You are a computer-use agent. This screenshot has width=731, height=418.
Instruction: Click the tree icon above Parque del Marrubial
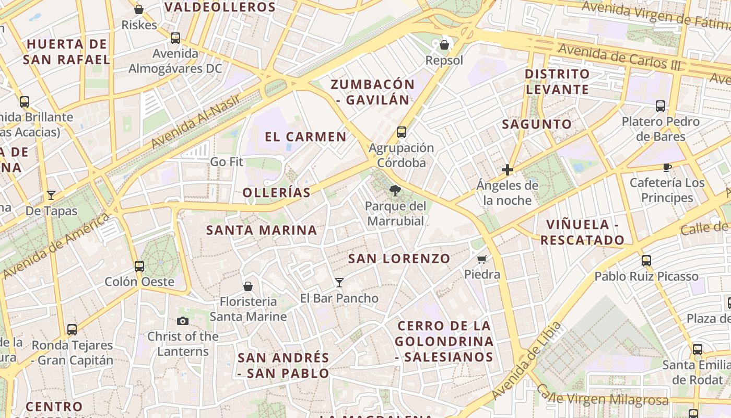click(x=395, y=191)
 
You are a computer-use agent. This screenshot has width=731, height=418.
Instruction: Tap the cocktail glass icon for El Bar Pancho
click(x=339, y=283)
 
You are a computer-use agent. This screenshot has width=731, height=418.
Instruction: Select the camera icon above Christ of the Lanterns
click(x=183, y=321)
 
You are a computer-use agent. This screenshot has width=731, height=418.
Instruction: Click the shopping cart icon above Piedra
click(x=482, y=259)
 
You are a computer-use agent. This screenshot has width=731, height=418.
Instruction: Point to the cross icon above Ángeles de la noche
click(x=507, y=170)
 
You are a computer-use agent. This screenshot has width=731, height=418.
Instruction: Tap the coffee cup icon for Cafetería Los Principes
click(x=667, y=167)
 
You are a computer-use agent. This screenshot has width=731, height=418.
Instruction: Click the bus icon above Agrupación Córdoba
click(x=401, y=132)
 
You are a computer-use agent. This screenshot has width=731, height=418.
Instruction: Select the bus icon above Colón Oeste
click(x=139, y=266)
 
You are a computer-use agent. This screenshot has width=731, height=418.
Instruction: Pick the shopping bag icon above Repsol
click(x=444, y=45)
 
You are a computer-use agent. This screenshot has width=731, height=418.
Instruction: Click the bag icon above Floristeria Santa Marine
click(x=248, y=286)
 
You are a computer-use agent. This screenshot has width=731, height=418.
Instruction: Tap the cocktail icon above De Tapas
click(x=51, y=195)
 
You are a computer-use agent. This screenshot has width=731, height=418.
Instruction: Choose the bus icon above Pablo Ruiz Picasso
click(x=646, y=261)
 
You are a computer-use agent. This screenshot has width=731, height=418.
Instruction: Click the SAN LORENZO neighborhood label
click(x=399, y=259)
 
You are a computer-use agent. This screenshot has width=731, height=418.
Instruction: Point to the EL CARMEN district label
click(x=305, y=137)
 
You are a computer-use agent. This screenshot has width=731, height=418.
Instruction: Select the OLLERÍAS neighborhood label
click(x=277, y=192)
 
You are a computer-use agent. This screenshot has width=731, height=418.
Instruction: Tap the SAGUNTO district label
click(x=537, y=124)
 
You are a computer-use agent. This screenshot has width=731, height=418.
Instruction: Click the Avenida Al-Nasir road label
click(x=196, y=121)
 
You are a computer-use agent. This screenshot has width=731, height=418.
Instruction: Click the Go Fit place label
click(x=227, y=162)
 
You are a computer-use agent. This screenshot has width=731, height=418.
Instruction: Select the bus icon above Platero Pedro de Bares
click(x=661, y=106)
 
